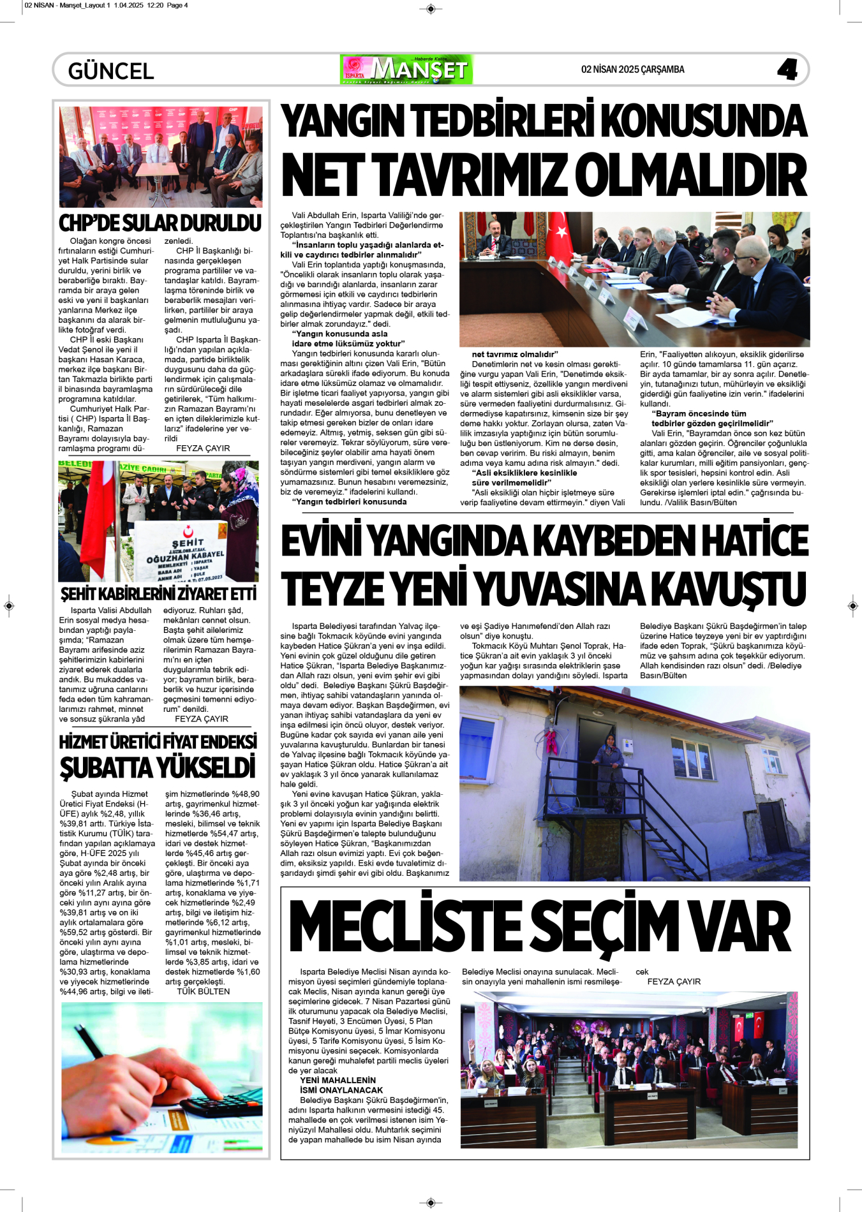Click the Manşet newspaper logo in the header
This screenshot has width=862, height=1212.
click(x=407, y=70)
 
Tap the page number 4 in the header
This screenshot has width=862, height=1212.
click(x=787, y=70)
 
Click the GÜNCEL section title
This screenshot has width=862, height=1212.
click(x=111, y=71)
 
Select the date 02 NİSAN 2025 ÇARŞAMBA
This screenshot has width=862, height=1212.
click(x=632, y=70)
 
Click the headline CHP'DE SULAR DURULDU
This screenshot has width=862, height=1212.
click(x=160, y=223)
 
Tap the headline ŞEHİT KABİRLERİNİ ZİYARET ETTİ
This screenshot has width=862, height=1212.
click(x=159, y=594)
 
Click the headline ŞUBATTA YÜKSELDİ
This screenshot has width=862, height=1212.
click(x=158, y=767)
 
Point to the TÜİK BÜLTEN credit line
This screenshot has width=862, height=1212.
click(x=203, y=991)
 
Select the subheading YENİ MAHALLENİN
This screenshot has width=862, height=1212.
click(x=338, y=1080)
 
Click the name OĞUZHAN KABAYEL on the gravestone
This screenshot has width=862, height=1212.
click(x=185, y=556)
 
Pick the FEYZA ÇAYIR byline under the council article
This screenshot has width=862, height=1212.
click(x=674, y=982)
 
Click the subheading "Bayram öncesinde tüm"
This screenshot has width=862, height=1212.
click(x=698, y=413)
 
